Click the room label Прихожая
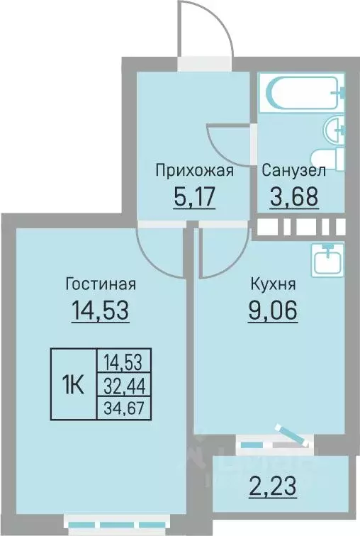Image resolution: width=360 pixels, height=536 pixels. point(194,171)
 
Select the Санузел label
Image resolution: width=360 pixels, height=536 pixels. point(293,171)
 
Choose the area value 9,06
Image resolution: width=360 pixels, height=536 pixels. point(273,311)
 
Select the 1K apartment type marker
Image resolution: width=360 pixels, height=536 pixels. point(74,386)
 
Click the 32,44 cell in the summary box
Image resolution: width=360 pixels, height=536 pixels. point(124,386)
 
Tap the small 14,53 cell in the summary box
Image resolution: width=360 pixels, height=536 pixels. point(124,364)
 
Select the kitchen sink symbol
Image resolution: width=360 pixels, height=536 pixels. point(327,259)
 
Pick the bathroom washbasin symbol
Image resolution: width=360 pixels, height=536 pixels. point(334,130)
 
